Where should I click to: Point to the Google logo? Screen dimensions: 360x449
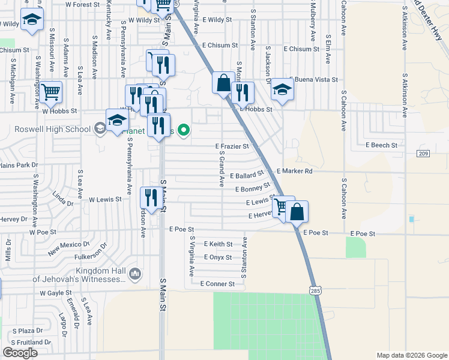pos(20,352)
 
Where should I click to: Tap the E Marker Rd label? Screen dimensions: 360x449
pos(295,171)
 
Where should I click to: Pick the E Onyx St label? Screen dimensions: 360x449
pos(217,257)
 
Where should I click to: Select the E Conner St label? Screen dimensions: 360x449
pos(217,283)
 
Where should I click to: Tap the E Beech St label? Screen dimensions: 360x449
pos(381,145)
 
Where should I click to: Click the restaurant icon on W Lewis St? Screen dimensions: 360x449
pos(151,197)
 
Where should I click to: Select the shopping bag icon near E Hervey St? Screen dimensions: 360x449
pos(297,211)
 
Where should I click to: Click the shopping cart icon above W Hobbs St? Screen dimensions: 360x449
pos(52,92)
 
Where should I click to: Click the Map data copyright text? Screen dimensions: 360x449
pos(411,355)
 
